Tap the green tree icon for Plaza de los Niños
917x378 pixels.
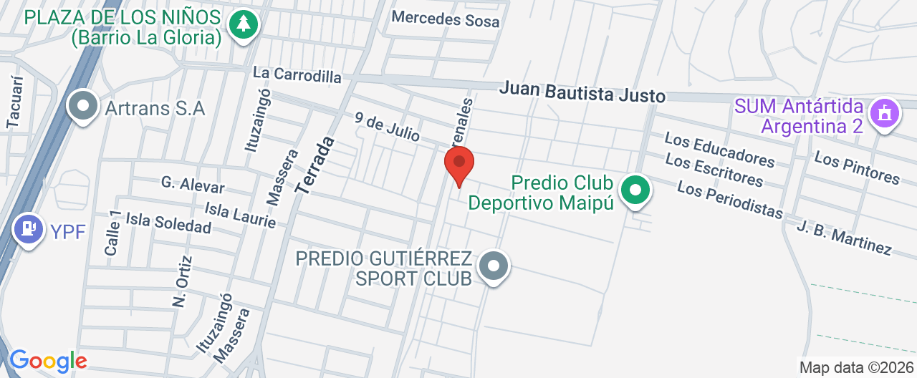(x=244, y=24)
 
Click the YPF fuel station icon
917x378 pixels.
(x=29, y=229)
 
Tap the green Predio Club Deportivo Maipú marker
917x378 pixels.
(x=635, y=191)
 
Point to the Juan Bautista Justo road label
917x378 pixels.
(x=582, y=92)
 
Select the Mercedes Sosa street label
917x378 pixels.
(x=446, y=19)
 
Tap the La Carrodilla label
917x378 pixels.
(x=297, y=74)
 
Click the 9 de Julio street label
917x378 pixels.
(x=387, y=126)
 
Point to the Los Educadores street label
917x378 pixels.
(x=719, y=148)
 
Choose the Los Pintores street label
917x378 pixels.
(x=857, y=168)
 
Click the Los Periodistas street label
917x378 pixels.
(x=729, y=200)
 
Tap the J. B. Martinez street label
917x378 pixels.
(x=844, y=238)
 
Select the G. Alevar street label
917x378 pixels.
(x=193, y=185)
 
